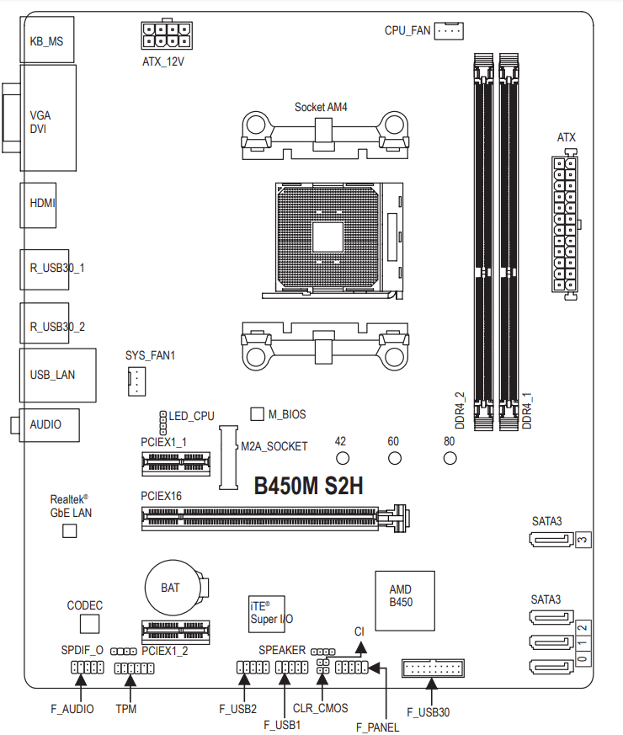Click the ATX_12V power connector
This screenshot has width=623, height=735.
pos(167,35)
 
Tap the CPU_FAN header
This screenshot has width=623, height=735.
pos(449,31)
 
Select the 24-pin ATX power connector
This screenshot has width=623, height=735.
pos(564,224)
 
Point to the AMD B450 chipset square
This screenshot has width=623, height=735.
pos(405,600)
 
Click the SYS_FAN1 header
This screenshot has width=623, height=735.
pos(136,381)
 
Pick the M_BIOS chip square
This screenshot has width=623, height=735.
pos(257,414)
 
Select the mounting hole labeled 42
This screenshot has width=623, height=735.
pos(343,458)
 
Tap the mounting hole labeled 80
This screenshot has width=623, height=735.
pos(450,458)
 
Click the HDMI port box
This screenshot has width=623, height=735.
pos(38,205)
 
